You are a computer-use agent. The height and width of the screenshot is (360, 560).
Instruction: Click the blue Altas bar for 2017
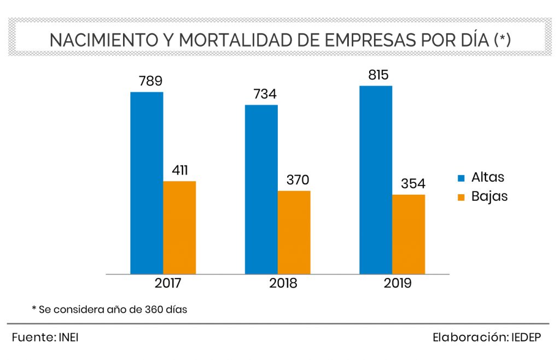147,183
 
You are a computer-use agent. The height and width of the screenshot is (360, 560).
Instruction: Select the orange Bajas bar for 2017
179,227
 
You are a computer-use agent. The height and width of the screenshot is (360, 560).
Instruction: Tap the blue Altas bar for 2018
261,189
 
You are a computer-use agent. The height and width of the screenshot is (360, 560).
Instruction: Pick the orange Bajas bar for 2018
294,232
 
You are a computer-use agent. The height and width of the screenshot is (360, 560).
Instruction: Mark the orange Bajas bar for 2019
409,234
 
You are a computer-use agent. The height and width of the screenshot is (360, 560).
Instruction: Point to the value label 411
180,170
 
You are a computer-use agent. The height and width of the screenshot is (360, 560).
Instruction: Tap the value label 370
295,180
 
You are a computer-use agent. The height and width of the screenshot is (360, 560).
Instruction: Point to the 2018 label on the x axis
283,283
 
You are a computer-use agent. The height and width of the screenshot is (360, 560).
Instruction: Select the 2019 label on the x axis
397,283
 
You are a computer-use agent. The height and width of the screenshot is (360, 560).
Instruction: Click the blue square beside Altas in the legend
461,178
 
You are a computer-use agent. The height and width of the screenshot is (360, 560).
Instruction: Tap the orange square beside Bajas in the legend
461,197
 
